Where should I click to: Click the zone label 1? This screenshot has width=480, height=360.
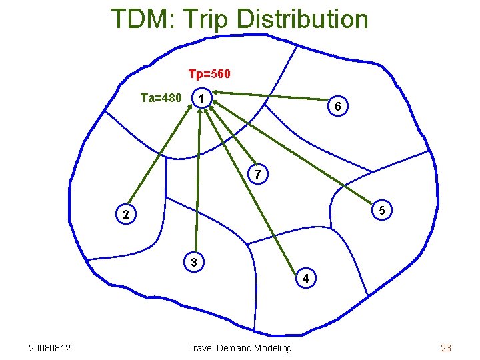201,99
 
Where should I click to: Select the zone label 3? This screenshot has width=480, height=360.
193,262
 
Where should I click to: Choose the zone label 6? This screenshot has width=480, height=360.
338,107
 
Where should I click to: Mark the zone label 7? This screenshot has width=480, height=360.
258,175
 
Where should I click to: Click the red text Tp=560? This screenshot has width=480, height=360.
209,73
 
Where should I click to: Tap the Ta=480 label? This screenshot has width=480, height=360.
161,98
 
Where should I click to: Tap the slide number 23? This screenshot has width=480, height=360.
446,347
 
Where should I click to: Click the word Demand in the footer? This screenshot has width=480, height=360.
235,347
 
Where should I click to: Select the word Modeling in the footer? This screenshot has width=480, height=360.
272,347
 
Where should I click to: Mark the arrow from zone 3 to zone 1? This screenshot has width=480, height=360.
197,180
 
